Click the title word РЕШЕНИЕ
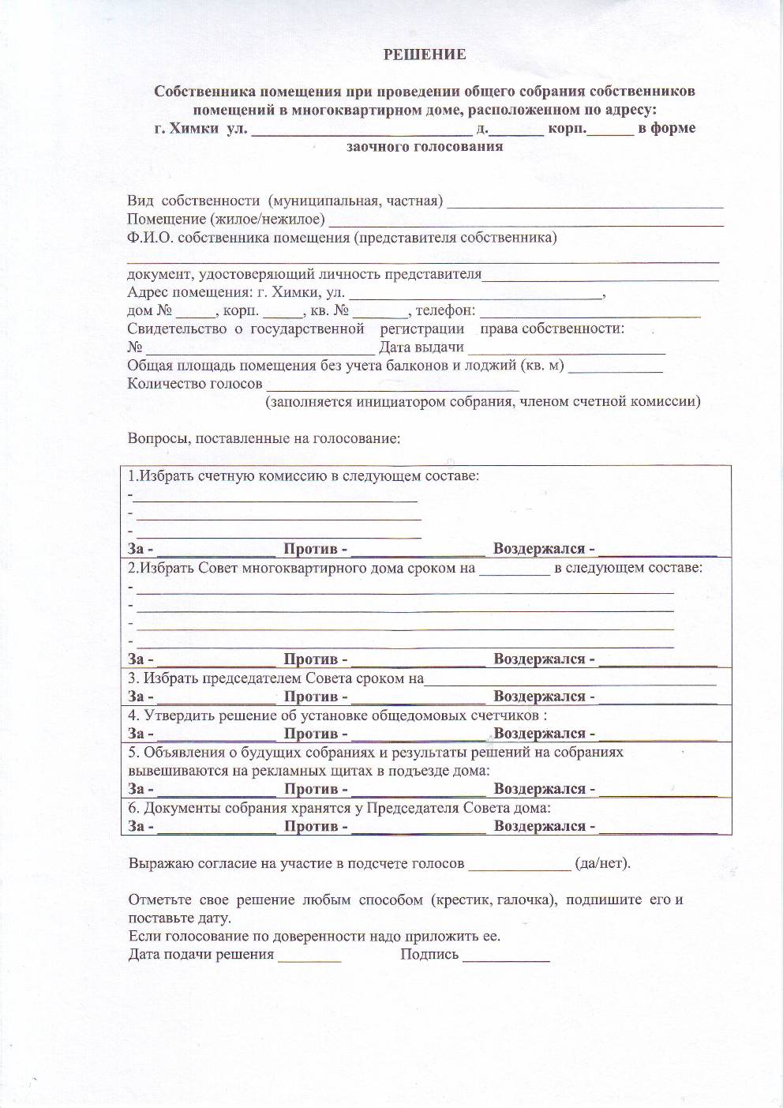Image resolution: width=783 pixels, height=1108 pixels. [425, 54]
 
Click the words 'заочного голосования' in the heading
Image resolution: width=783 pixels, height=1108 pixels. [425, 146]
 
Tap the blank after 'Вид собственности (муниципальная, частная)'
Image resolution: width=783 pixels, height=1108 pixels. [585, 201]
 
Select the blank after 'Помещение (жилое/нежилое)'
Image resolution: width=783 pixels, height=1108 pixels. [526, 220]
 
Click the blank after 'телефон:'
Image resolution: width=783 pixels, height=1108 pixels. [590, 311]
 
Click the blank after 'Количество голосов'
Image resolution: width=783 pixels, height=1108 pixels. [392, 385]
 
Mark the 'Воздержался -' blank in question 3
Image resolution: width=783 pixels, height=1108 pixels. [658, 697]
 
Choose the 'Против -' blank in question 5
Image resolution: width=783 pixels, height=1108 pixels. [418, 790]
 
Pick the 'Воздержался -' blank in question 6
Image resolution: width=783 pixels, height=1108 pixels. [658, 827]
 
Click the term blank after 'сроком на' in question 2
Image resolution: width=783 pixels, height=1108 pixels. [514, 569]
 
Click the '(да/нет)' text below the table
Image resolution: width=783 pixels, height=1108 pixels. [603, 863]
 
